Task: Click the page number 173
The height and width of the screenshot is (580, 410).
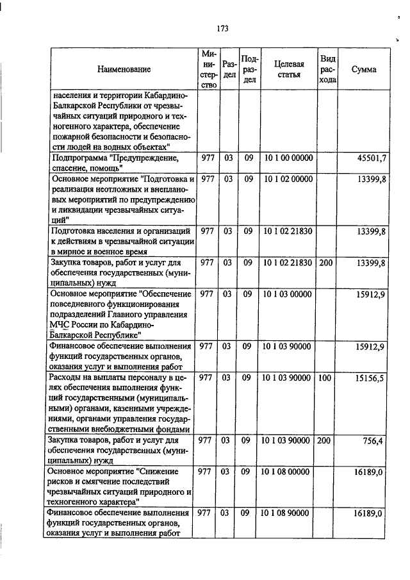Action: pyautogui.click(x=223, y=28)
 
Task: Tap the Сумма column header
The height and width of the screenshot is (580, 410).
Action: pyautogui.click(x=364, y=69)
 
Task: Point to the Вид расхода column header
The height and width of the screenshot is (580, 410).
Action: pyautogui.click(x=327, y=69)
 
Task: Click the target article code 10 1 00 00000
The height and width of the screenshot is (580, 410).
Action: pyautogui.click(x=288, y=158)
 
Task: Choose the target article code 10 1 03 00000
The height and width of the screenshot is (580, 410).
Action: pyautogui.click(x=288, y=294)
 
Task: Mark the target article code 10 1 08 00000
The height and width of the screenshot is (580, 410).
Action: pyautogui.click(x=288, y=472)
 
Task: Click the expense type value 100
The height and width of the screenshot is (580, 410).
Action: pyautogui.click(x=325, y=379)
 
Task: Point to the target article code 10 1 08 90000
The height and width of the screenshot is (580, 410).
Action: pyautogui.click(x=288, y=514)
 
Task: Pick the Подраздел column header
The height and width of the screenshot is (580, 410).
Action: pyautogui.click(x=250, y=69)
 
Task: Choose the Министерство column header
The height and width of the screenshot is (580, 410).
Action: pyautogui.click(x=207, y=69)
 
